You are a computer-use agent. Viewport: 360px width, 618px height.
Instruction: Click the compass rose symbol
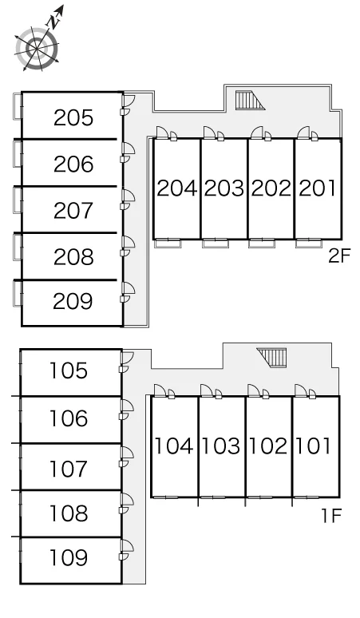click(x=37, y=49)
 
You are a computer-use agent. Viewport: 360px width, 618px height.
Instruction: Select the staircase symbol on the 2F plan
click(x=250, y=100)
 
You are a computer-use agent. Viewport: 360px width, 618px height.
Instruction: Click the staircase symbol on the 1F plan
click(x=271, y=357)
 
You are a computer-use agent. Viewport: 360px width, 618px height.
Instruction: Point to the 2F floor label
click(x=339, y=256)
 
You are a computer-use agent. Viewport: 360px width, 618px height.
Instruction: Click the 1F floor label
click(x=330, y=515)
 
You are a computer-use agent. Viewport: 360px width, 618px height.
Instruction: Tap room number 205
click(x=73, y=118)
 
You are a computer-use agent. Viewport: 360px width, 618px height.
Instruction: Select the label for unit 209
click(x=73, y=302)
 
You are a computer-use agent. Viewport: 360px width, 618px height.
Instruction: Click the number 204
click(x=177, y=188)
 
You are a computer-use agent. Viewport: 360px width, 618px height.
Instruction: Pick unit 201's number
click(x=318, y=188)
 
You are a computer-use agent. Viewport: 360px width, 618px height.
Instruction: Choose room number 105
click(x=68, y=370)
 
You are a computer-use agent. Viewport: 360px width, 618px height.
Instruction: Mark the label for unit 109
click(x=68, y=557)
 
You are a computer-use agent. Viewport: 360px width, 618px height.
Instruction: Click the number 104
click(x=173, y=446)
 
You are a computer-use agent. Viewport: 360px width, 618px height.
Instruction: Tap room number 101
click(x=313, y=446)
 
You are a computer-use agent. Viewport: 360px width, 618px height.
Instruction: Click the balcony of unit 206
click(x=18, y=153)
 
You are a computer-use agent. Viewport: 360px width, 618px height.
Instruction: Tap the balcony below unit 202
click(x=262, y=244)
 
